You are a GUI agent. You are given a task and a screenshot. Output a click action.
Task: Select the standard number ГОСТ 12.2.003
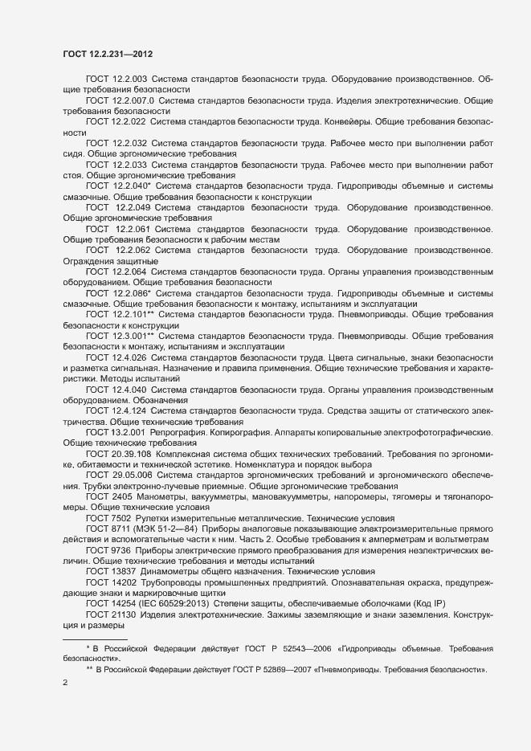116,80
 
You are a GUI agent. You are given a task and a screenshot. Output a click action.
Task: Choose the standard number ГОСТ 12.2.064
116,272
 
